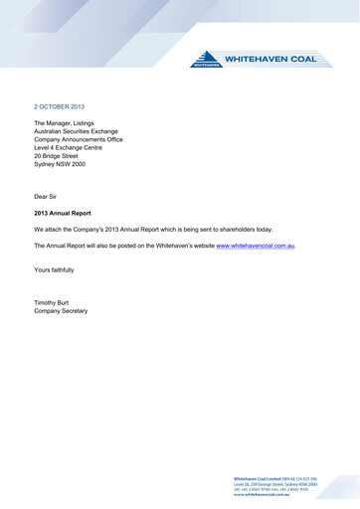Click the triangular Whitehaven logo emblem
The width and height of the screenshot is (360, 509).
pos(206,61)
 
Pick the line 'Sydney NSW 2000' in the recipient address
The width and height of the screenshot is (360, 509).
pos(62,173)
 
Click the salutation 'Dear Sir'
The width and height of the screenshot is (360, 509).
pos(48,197)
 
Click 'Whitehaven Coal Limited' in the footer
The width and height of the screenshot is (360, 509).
pos(256,478)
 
